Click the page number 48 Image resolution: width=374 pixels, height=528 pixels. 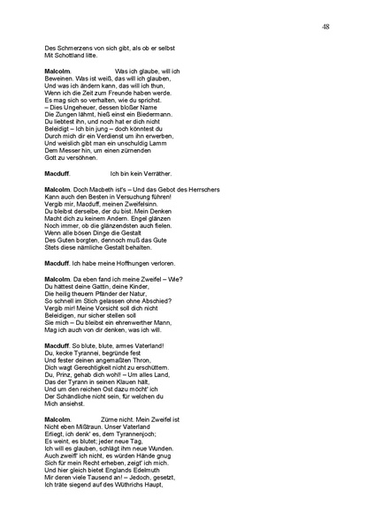pyautogui.click(x=326, y=28)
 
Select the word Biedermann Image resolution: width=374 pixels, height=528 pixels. pyautogui.click(x=161, y=116)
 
